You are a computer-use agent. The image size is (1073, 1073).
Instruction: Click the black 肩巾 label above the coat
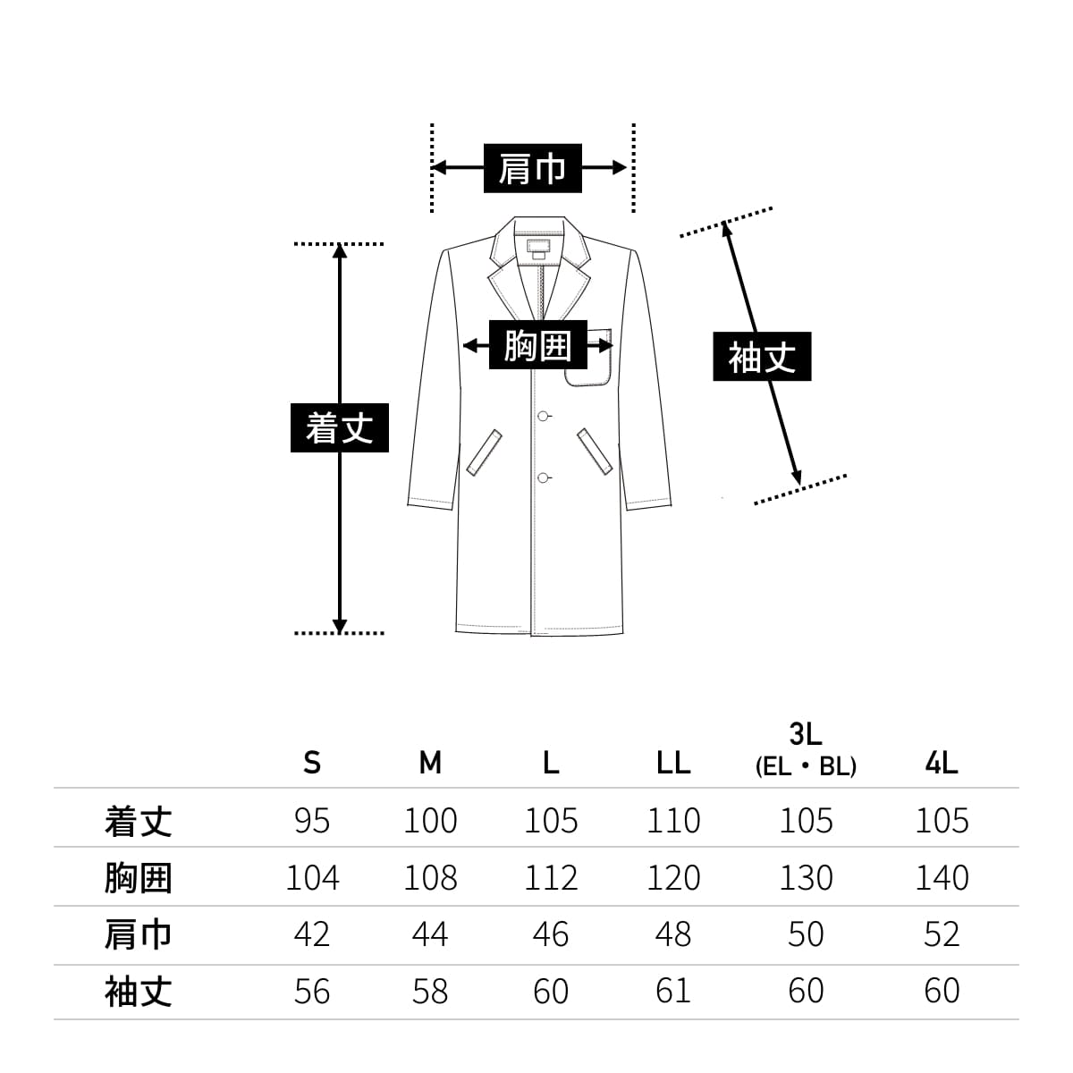(x=532, y=168)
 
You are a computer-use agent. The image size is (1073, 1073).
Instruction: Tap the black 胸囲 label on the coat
(x=537, y=345)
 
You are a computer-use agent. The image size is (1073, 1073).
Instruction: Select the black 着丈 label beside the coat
(x=340, y=427)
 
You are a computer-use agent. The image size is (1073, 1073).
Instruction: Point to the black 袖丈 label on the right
(x=762, y=357)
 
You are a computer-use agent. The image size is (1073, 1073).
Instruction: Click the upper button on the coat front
(x=543, y=416)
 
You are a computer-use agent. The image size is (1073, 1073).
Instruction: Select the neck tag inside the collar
(x=539, y=246)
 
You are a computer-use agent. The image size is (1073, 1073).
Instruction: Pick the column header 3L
(x=806, y=735)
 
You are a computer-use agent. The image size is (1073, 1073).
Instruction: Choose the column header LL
(x=672, y=763)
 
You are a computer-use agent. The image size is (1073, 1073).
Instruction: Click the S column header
(x=311, y=763)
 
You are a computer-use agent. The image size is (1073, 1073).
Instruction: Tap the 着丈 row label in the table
(x=138, y=820)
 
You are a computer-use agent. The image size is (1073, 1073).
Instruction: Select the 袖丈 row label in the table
(x=138, y=992)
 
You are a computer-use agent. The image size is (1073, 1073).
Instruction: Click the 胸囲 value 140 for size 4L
(x=942, y=878)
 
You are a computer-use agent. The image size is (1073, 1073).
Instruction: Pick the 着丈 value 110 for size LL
(x=672, y=820)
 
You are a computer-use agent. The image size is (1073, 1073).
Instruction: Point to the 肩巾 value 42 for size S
(x=311, y=934)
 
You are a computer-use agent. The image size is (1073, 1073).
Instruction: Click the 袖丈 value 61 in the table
(x=672, y=992)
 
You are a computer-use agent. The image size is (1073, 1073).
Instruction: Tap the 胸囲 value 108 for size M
(x=430, y=878)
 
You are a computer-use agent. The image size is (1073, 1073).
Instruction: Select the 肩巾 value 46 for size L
(x=550, y=934)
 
